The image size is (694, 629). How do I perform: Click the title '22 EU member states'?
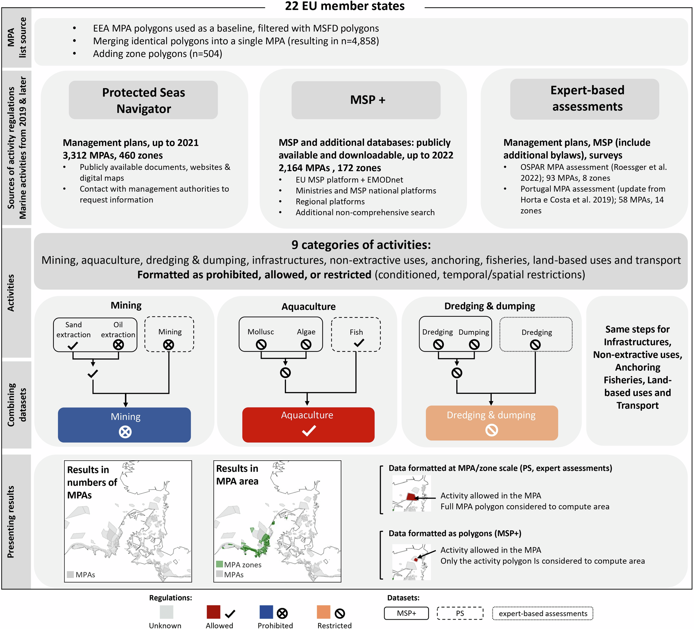[345, 6]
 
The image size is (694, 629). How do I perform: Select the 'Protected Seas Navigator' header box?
[143, 100]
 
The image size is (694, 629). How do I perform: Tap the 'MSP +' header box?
[366, 100]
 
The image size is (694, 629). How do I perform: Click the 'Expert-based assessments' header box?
[584, 99]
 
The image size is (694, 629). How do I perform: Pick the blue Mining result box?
[124, 425]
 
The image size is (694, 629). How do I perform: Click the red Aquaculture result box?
[308, 425]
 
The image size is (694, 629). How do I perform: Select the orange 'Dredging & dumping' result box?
[492, 423]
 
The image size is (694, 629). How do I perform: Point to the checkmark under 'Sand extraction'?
[73, 346]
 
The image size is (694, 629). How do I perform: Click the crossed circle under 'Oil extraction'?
[118, 345]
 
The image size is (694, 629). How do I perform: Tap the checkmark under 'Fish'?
[359, 343]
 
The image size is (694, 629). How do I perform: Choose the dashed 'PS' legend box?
[460, 613]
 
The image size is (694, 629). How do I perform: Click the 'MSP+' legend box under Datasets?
[406, 613]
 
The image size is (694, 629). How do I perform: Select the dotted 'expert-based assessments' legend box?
[543, 613]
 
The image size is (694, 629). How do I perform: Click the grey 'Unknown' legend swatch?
[167, 612]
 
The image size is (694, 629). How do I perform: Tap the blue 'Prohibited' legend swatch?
[266, 612]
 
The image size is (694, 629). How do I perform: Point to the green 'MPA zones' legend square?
[219, 564]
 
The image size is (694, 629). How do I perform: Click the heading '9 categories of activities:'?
[361, 245]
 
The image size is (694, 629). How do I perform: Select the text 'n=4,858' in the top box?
[359, 41]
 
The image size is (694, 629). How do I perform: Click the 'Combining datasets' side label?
[17, 405]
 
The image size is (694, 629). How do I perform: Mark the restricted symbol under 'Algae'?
[306, 345]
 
